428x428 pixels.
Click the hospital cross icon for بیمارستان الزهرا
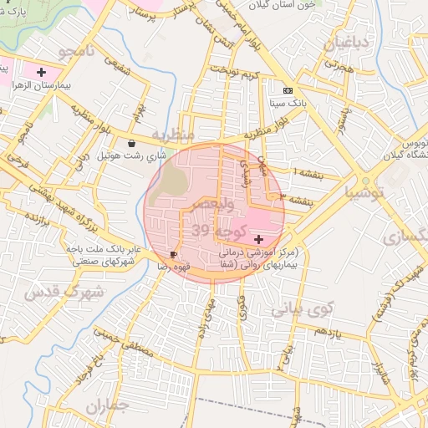point(41,73)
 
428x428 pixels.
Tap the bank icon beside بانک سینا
point(288,90)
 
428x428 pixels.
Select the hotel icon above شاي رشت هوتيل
point(132,142)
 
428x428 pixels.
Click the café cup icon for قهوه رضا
point(173,253)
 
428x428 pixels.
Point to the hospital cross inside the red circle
point(257,239)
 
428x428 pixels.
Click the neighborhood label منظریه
point(176,134)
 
